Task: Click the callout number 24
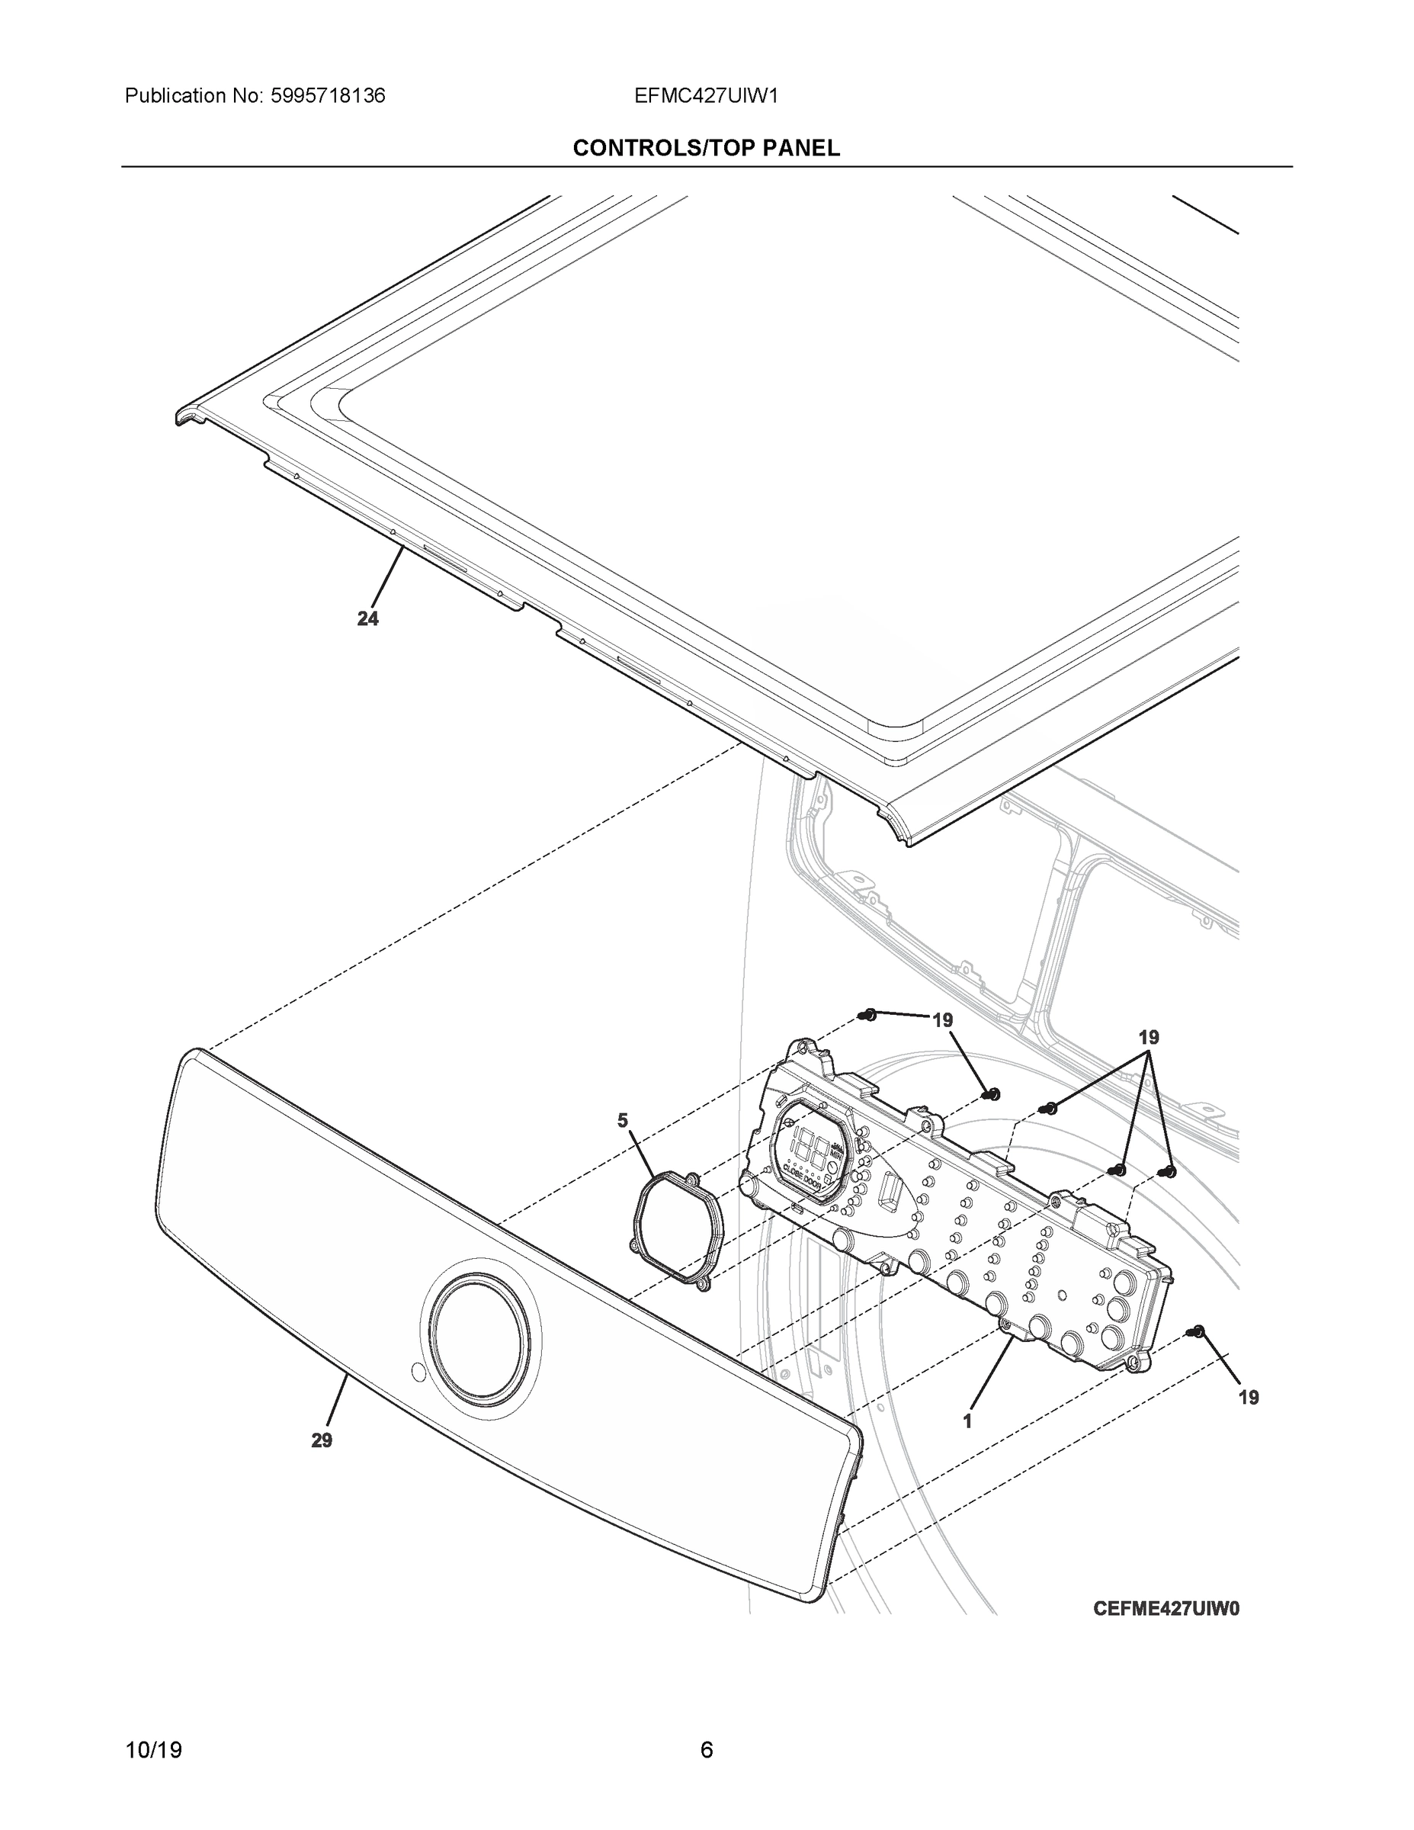click(x=367, y=618)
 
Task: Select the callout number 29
click(x=322, y=1440)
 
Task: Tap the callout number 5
click(x=623, y=1120)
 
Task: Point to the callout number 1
click(x=967, y=1421)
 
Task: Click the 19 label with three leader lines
click(x=1149, y=1037)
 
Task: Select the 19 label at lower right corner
click(x=1248, y=1397)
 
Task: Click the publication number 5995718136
click(x=329, y=95)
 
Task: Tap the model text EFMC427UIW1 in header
click(x=706, y=95)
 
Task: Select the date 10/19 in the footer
click(x=153, y=1750)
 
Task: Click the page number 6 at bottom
click(x=706, y=1750)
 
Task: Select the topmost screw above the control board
click(x=869, y=1015)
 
